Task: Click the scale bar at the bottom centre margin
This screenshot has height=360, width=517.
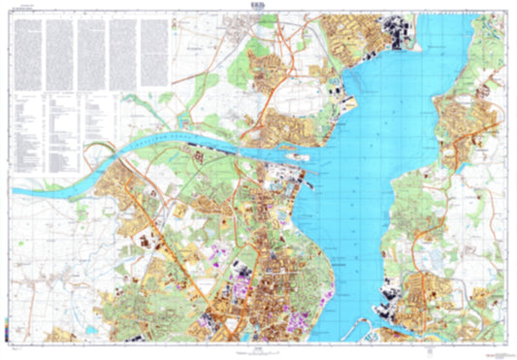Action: click(x=254, y=348)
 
